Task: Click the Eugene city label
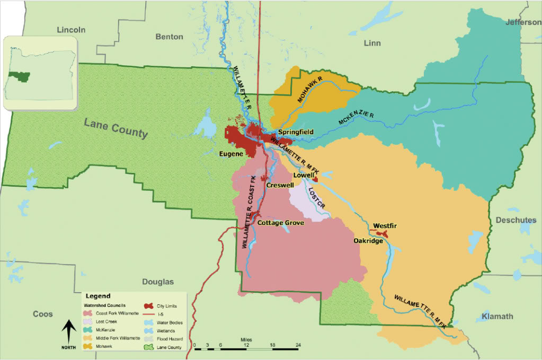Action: point(231,154)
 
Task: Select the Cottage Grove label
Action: point(281,223)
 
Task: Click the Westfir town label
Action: point(385,226)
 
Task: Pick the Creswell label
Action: point(281,186)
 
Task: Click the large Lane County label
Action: point(115,128)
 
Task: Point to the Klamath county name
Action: point(497,317)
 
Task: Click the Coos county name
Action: point(42,314)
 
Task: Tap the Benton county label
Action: point(170,37)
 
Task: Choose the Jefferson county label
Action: point(523,22)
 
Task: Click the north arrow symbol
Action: point(68,333)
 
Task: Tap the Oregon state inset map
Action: point(40,73)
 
